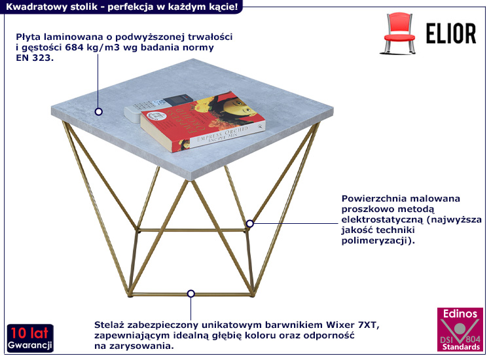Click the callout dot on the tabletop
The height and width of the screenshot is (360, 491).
99,111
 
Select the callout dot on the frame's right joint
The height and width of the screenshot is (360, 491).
249,224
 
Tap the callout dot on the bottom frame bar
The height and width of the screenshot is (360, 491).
191,294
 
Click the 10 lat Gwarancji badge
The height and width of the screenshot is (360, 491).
30,338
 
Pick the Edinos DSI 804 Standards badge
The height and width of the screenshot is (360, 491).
460,331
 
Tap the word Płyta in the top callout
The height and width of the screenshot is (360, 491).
28,37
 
